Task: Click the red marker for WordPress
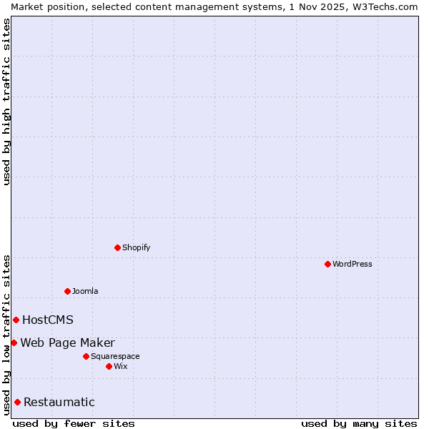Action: tap(327, 264)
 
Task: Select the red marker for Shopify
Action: tap(117, 247)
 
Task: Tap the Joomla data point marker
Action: tap(67, 291)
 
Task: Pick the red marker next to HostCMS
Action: tap(16, 320)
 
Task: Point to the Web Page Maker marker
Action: tap(14, 342)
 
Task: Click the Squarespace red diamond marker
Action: tap(86, 356)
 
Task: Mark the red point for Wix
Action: tap(109, 366)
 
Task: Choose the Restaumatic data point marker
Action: tap(17, 402)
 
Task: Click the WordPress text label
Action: tap(352, 264)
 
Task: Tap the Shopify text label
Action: tap(136, 247)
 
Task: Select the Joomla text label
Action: tap(85, 291)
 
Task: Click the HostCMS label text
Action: tap(48, 320)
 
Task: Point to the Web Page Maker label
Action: tap(67, 342)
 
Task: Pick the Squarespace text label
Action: tap(115, 356)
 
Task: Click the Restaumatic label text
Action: tap(59, 402)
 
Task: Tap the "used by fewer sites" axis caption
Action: tap(74, 423)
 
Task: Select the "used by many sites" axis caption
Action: tap(359, 423)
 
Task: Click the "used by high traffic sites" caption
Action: tap(6, 102)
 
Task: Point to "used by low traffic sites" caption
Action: tap(6, 334)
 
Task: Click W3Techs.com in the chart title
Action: tap(385, 6)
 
